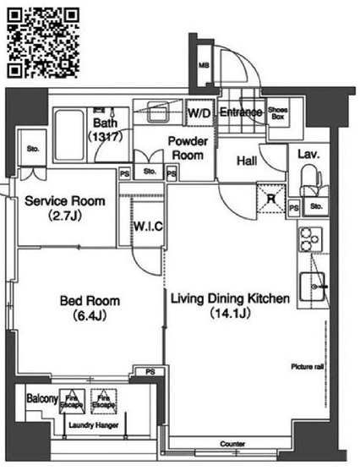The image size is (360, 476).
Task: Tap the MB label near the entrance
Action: [204, 66]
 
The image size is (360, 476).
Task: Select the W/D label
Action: [199, 112]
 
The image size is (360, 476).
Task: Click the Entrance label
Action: [239, 112]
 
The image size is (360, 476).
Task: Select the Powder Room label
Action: [188, 149]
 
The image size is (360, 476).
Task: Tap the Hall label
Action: [246, 161]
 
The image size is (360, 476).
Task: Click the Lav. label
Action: [306, 154]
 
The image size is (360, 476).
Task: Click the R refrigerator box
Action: [270, 198]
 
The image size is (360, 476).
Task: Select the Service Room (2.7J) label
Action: [65, 208]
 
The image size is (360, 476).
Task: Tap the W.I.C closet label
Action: [147, 227]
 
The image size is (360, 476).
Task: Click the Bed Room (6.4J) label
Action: [90, 308]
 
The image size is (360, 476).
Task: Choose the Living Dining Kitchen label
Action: [231, 305]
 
